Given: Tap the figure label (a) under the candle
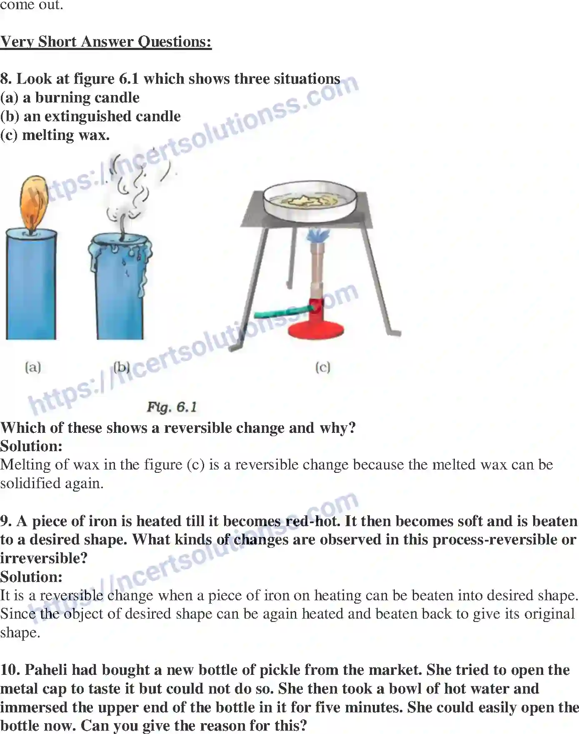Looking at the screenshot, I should coord(33,367).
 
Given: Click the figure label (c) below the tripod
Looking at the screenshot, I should coord(323,367).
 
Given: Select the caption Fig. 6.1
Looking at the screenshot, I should coord(172,407).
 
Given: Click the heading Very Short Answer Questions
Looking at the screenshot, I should coord(106,42).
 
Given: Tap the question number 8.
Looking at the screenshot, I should coord(5,79).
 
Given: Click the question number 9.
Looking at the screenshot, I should coord(5,522).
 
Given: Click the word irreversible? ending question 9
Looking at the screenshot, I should coord(44,558).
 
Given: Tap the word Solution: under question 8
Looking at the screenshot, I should coord(31,446).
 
